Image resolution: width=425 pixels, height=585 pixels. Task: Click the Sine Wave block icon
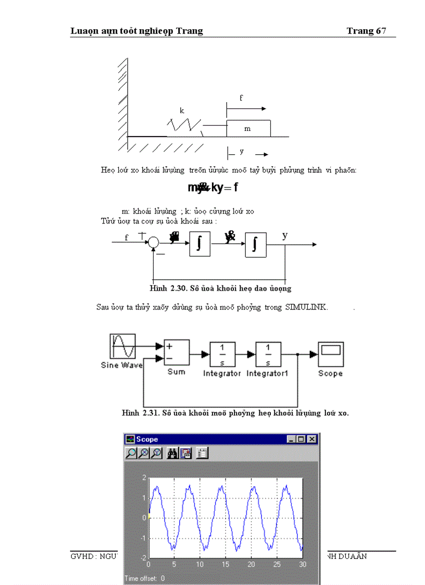pyautogui.click(x=123, y=347)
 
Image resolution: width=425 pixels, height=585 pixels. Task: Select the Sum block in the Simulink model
pyautogui.click(x=177, y=353)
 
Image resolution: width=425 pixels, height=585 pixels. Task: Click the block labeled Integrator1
pyautogui.click(x=268, y=355)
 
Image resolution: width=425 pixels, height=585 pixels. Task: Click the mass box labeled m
pyautogui.click(x=248, y=128)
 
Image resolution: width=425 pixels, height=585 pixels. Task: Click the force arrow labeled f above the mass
pyautogui.click(x=246, y=109)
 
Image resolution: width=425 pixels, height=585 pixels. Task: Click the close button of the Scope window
pyautogui.click(x=311, y=439)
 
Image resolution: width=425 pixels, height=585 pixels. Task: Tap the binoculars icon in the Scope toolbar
pyautogui.click(x=172, y=453)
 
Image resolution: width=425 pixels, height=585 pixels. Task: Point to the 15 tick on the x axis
pyautogui.click(x=225, y=564)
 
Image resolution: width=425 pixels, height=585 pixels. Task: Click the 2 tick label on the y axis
pyautogui.click(x=144, y=478)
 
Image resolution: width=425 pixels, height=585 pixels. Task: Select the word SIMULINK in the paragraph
pyautogui.click(x=306, y=307)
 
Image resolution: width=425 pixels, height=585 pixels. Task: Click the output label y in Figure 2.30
pyautogui.click(x=285, y=235)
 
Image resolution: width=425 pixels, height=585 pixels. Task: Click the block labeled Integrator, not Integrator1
pyautogui.click(x=222, y=355)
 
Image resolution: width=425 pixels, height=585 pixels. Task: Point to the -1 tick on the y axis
pyautogui.click(x=144, y=538)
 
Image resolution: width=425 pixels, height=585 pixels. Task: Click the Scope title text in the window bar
pyautogui.click(x=147, y=439)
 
